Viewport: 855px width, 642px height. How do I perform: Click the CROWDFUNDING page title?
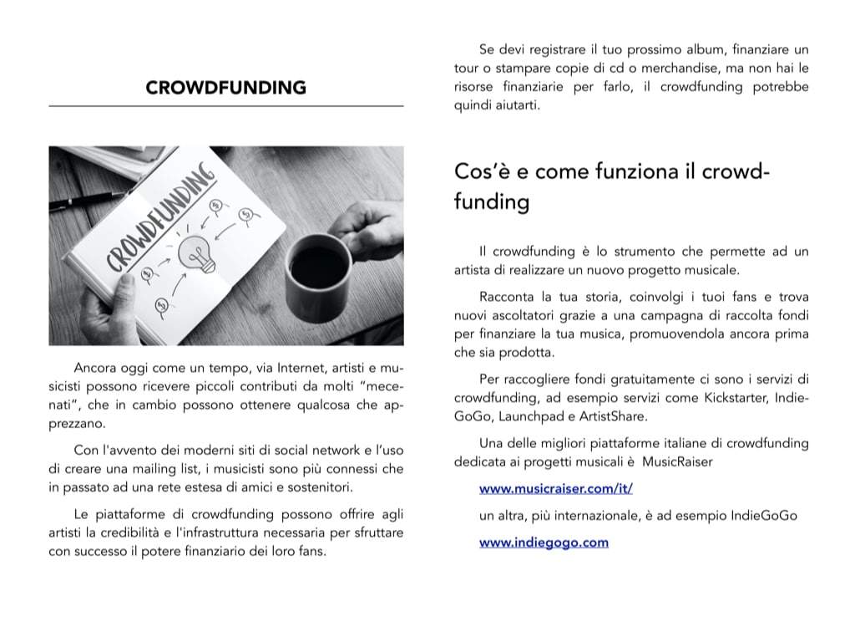pyautogui.click(x=225, y=88)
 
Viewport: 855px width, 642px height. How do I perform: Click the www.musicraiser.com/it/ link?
pyautogui.click(x=555, y=488)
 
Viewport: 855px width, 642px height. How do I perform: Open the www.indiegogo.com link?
pyautogui.click(x=544, y=543)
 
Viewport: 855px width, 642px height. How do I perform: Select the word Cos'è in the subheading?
pyautogui.click(x=477, y=171)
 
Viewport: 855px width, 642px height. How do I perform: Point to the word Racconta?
pyautogui.click(x=508, y=297)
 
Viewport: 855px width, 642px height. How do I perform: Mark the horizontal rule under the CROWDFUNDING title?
pyautogui.click(x=225, y=106)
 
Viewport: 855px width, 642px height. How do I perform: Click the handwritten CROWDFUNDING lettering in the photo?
pyautogui.click(x=159, y=222)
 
